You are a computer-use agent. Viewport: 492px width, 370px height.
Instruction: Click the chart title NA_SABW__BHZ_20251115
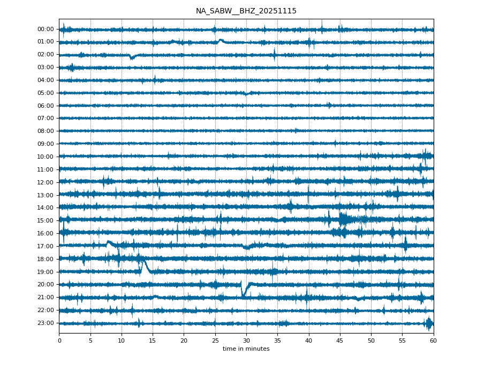pyautogui.click(x=246, y=11)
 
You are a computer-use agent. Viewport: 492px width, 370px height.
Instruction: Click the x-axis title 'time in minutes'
pyautogui.click(x=246, y=349)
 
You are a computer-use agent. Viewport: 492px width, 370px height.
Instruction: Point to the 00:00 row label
pyautogui.click(x=46, y=29)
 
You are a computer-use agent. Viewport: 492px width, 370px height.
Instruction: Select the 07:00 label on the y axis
pyautogui.click(x=46, y=118)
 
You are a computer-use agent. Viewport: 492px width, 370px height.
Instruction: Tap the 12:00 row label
pyautogui.click(x=46, y=182)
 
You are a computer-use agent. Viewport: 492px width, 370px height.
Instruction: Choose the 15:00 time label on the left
pyautogui.click(x=46, y=220)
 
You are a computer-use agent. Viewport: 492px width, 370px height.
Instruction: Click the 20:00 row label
pyautogui.click(x=46, y=284)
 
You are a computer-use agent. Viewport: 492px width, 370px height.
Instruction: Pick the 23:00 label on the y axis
pyautogui.click(x=46, y=323)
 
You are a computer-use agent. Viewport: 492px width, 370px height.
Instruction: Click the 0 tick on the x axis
pyautogui.click(x=59, y=341)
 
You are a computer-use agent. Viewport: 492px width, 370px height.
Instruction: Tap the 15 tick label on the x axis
pyautogui.click(x=153, y=341)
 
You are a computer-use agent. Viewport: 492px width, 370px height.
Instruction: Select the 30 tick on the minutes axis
pyautogui.click(x=246, y=341)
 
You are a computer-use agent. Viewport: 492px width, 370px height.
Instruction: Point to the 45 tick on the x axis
pyautogui.click(x=339, y=341)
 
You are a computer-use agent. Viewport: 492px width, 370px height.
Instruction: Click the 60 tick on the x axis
pyautogui.click(x=433, y=341)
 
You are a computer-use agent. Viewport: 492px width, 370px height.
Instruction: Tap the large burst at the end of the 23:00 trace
pyautogui.click(x=428, y=323)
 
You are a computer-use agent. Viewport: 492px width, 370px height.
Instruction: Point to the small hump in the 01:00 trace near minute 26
pyautogui.click(x=221, y=40)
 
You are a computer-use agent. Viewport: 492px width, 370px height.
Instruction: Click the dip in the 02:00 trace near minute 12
pyautogui.click(x=132, y=57)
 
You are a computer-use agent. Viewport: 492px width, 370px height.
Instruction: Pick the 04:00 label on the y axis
pyautogui.click(x=46, y=80)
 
